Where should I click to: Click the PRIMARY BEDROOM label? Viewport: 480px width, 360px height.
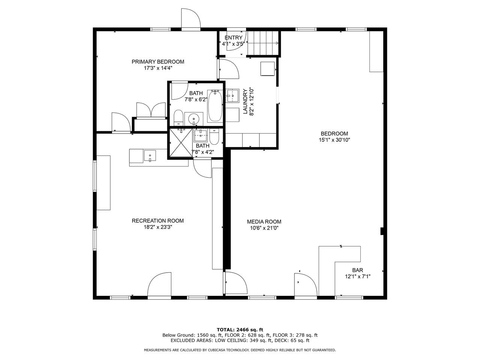click(x=157, y=61)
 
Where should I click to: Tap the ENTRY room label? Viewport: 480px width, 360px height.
click(x=233, y=37)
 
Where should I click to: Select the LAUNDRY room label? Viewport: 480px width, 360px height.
click(x=245, y=101)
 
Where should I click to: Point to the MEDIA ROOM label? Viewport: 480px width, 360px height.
click(x=264, y=222)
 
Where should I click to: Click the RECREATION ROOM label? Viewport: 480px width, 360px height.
click(x=157, y=221)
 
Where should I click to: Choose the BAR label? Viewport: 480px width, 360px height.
click(x=357, y=270)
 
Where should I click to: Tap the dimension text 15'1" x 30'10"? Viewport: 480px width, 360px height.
click(x=334, y=140)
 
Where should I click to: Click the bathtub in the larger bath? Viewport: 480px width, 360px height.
click(x=215, y=106)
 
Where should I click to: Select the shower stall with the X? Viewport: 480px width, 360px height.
click(x=181, y=143)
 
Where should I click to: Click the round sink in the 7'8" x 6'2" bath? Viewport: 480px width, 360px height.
click(x=194, y=119)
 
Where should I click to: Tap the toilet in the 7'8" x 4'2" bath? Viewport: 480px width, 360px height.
click(x=214, y=136)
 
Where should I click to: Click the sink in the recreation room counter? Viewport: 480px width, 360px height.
click(x=150, y=156)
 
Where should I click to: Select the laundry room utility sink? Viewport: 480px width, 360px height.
click(x=232, y=95)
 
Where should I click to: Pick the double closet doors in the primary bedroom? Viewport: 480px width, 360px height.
click(x=151, y=110)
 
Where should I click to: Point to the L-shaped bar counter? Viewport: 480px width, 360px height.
click(x=339, y=271)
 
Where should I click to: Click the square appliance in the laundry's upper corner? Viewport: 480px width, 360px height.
click(x=267, y=69)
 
